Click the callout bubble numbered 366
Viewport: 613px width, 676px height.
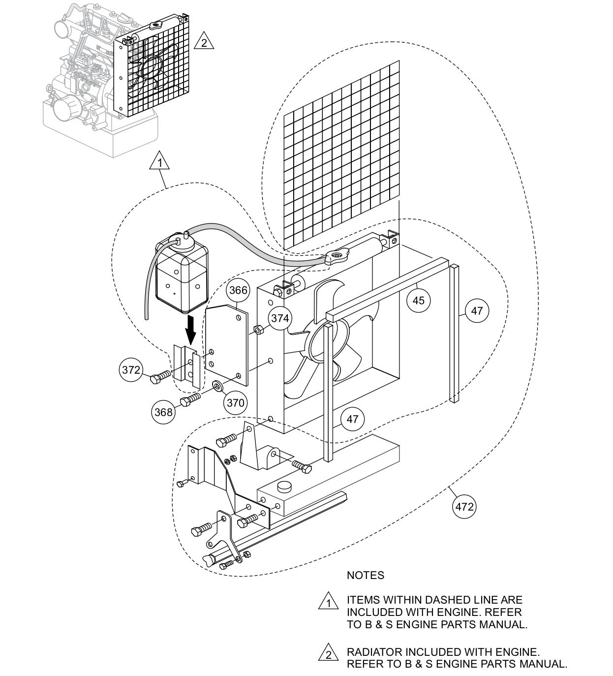pos(238,290)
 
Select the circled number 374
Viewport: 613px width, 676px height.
pos(280,318)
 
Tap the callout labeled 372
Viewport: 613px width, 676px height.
pos(131,370)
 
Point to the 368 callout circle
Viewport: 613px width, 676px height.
pos(163,411)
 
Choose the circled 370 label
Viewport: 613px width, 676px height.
pos(235,403)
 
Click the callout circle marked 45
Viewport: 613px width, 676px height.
pos(418,299)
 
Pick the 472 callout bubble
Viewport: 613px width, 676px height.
pos(464,507)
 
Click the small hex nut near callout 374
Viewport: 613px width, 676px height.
pos(257,329)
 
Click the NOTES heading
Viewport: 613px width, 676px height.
pos(366,575)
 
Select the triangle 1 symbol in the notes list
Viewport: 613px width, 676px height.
pos(328,603)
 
